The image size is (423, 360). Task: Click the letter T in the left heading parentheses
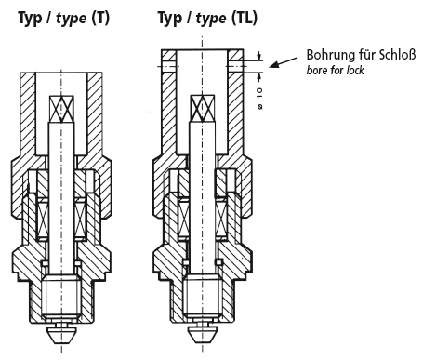100,18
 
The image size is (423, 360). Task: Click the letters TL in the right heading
245,18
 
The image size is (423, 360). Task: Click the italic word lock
355,71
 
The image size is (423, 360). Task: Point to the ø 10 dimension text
259,99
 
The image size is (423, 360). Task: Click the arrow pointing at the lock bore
284,61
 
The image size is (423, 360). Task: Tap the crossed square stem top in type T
61,109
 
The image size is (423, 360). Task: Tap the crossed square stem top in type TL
203,108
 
